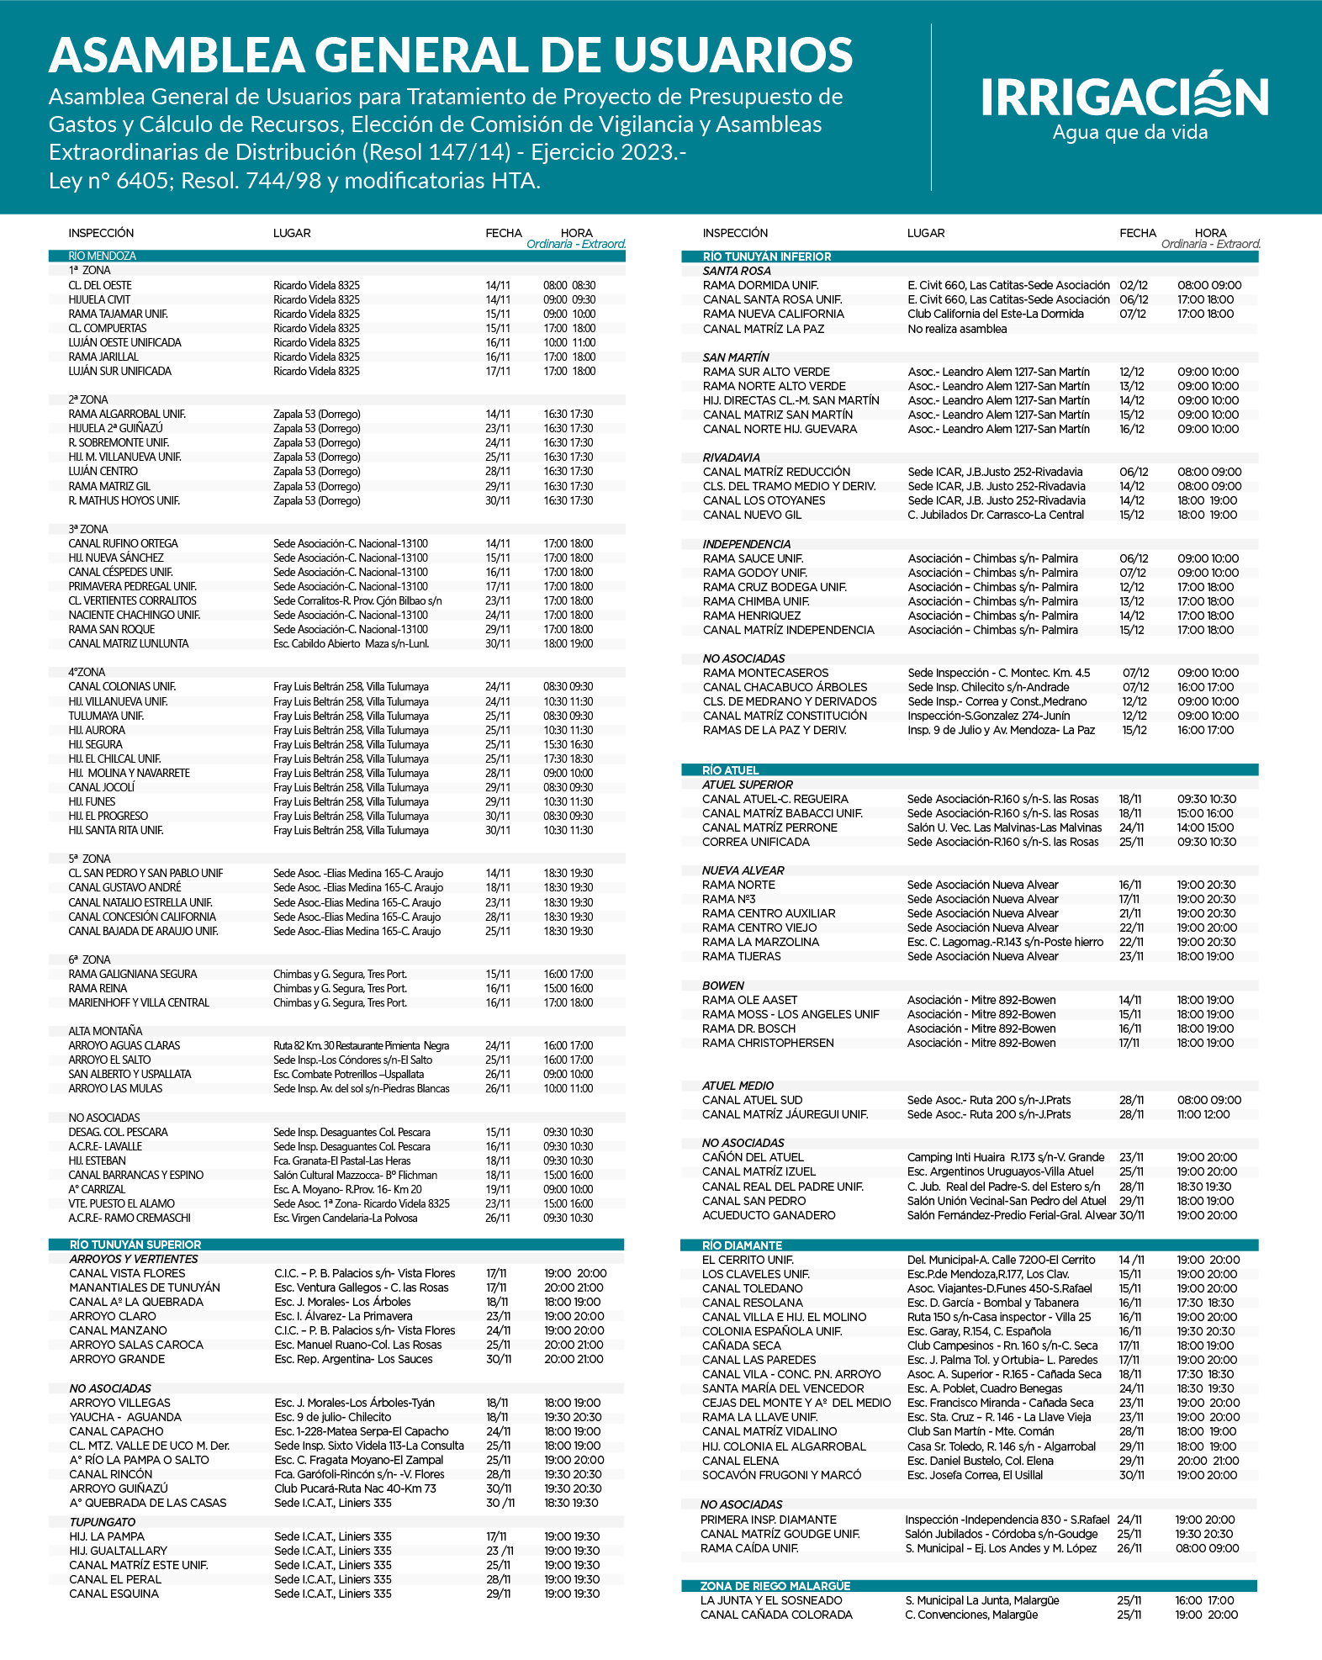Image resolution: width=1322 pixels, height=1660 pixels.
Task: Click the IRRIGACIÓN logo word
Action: click(x=1124, y=97)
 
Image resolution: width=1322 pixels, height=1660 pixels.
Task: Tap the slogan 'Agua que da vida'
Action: click(x=1129, y=133)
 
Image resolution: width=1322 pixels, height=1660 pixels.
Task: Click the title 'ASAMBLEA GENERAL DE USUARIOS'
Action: click(x=451, y=56)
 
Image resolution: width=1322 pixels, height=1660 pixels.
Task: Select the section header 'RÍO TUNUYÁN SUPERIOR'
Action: click(x=135, y=1245)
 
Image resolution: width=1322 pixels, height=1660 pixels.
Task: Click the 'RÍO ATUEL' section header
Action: click(x=730, y=770)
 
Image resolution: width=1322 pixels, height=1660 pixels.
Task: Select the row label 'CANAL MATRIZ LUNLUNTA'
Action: click(x=129, y=644)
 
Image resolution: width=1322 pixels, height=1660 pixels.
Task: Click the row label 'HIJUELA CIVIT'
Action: click(x=99, y=299)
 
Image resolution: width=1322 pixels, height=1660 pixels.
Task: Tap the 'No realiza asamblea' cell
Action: click(x=957, y=329)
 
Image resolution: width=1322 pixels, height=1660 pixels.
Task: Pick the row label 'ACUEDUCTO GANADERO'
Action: click(x=769, y=1215)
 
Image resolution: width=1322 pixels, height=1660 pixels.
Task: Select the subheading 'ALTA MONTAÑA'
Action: click(x=105, y=1031)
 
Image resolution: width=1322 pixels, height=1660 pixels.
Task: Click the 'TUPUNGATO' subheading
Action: click(x=103, y=1522)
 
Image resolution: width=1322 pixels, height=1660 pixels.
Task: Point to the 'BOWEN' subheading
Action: click(x=723, y=986)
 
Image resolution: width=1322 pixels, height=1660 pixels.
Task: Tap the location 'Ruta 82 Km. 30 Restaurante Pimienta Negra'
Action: click(x=361, y=1046)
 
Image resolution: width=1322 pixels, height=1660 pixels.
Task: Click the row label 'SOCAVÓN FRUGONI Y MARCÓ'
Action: click(x=781, y=1475)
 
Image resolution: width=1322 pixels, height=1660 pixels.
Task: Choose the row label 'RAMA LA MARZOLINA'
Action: click(x=760, y=942)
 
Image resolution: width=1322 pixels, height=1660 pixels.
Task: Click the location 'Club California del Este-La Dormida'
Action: click(x=996, y=315)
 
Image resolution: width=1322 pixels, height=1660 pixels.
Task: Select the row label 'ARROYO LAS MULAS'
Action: click(x=115, y=1089)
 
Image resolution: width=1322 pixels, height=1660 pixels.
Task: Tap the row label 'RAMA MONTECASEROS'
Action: click(x=765, y=673)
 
